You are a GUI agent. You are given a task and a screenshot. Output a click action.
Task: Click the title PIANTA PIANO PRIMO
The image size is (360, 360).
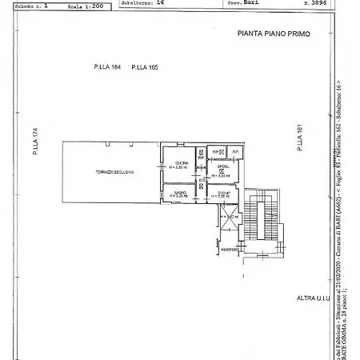(273, 34)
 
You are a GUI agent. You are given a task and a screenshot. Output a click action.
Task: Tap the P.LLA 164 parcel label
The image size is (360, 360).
(107, 68)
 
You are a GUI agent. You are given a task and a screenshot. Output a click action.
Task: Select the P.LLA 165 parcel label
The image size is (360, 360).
(145, 68)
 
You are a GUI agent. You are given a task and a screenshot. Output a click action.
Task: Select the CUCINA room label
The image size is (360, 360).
(182, 162)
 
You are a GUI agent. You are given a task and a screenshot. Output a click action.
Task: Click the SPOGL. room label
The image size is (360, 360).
(223, 166)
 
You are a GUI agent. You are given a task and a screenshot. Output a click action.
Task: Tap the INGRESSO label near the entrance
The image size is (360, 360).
(230, 250)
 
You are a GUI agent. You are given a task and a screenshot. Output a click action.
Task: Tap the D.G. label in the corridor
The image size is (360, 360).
(202, 180)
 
